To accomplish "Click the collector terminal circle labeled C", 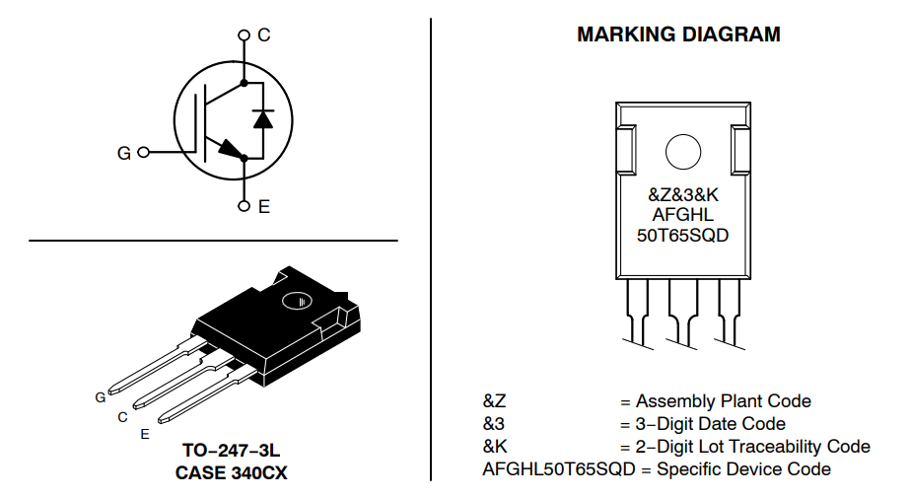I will click(x=244, y=36).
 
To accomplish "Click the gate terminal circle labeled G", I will click(x=144, y=153).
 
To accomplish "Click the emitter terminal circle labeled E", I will click(x=244, y=206).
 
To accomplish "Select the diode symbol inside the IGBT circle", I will click(x=262, y=118).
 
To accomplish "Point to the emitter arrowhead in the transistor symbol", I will click(x=230, y=150).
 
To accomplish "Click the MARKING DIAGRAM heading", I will click(x=678, y=35).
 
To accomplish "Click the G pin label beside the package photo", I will click(x=101, y=397).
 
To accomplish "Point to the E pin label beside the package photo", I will click(x=145, y=434).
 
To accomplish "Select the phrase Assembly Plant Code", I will click(x=723, y=401).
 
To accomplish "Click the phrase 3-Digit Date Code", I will click(x=710, y=424).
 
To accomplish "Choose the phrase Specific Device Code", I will click(x=743, y=469).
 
